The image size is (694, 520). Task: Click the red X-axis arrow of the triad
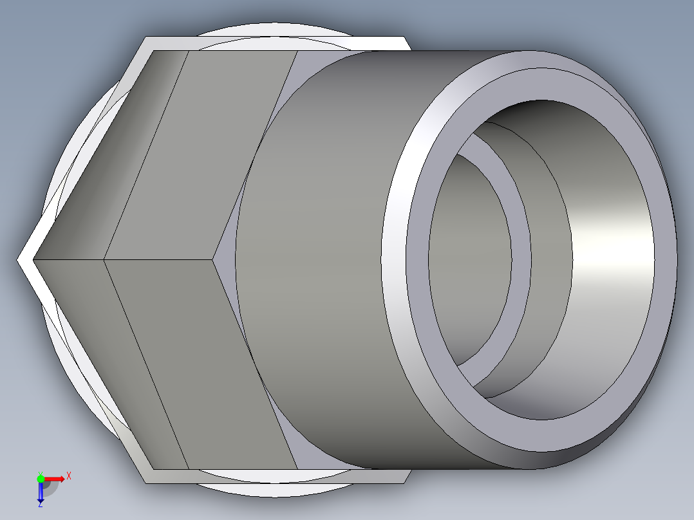pyautogui.click(x=57, y=478)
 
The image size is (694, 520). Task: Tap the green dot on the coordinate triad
pyautogui.click(x=40, y=478)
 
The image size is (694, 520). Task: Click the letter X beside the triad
pyautogui.click(x=68, y=476)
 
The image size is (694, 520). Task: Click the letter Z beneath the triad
pyautogui.click(x=40, y=505)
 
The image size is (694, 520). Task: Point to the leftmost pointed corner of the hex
pyautogui.click(x=19, y=260)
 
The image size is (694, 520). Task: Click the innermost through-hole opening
pyautogui.click(x=470, y=257)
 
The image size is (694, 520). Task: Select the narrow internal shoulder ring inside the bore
pyautogui.click(x=522, y=257)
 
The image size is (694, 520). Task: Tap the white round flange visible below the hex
pyautogui.click(x=270, y=490)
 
